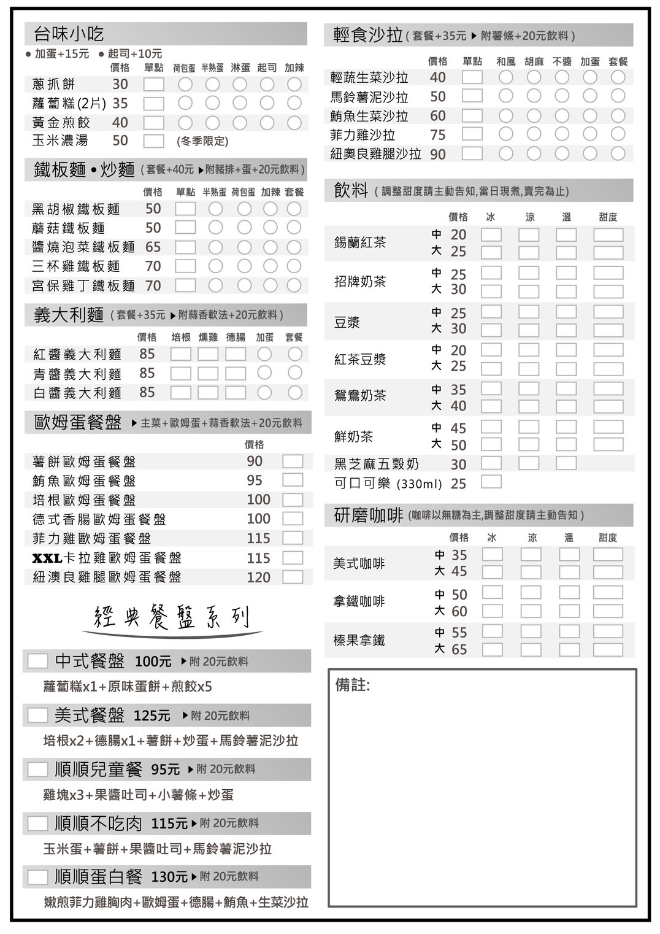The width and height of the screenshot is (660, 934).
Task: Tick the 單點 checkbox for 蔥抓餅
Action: (x=153, y=85)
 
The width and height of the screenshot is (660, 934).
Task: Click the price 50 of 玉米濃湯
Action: (x=120, y=141)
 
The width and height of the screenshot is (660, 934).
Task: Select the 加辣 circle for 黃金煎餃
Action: (x=294, y=123)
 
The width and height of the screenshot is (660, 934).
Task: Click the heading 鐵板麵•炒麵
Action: (x=84, y=169)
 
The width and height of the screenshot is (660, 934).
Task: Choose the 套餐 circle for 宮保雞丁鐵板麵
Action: (x=294, y=285)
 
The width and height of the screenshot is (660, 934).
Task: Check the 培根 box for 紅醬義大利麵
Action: (x=180, y=354)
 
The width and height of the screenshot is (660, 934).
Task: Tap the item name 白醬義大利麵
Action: (x=77, y=393)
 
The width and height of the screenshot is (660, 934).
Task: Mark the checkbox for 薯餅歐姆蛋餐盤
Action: (x=293, y=461)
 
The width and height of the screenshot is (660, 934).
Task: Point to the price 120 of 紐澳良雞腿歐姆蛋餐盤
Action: (x=258, y=577)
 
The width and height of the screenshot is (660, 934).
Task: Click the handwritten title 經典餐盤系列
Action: (x=172, y=617)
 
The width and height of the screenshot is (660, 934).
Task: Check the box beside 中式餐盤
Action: (x=37, y=661)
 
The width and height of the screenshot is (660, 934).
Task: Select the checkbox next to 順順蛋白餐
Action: (x=37, y=877)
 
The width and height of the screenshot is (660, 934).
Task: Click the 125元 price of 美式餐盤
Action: (x=152, y=716)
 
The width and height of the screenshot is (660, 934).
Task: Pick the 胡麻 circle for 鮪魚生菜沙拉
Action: (x=534, y=115)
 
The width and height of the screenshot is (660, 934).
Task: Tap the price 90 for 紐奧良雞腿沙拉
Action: (x=438, y=154)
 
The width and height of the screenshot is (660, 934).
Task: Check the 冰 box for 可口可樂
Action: (x=491, y=482)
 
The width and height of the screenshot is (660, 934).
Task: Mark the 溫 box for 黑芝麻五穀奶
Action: (x=566, y=463)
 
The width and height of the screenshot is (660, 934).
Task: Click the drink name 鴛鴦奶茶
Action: (x=360, y=396)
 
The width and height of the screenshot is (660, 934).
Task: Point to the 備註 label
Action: (x=353, y=685)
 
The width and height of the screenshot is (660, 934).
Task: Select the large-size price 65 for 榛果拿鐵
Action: (x=459, y=649)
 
